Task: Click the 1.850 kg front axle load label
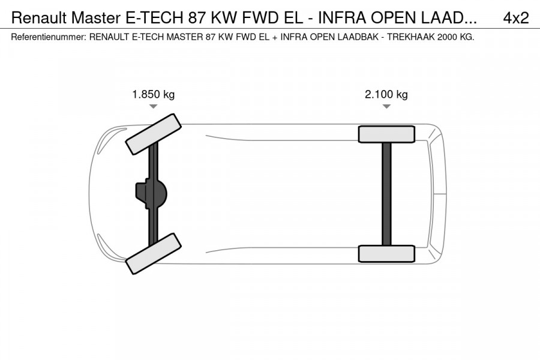tap(154, 94)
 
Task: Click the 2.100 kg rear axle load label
tap(386, 94)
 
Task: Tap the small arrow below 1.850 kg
tap(154, 106)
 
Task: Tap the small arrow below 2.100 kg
tap(386, 106)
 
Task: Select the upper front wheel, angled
tap(154, 133)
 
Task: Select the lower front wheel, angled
tap(154, 254)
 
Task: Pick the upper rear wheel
tap(386, 134)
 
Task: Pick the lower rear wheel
tap(386, 254)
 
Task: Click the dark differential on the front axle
tap(150, 194)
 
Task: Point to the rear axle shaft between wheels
tap(386, 194)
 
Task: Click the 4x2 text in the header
tap(515, 18)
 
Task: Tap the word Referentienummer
tap(48, 37)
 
